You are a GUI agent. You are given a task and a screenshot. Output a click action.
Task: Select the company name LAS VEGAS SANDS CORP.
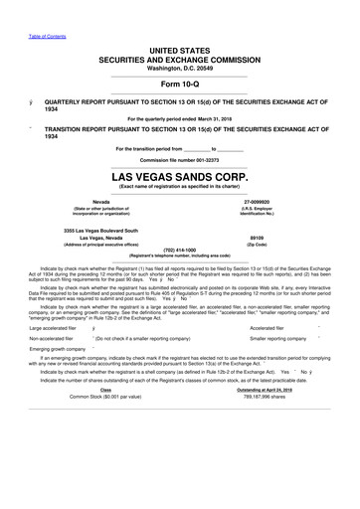tap(179, 176)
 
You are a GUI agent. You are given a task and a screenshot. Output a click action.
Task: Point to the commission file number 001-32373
tap(201, 159)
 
